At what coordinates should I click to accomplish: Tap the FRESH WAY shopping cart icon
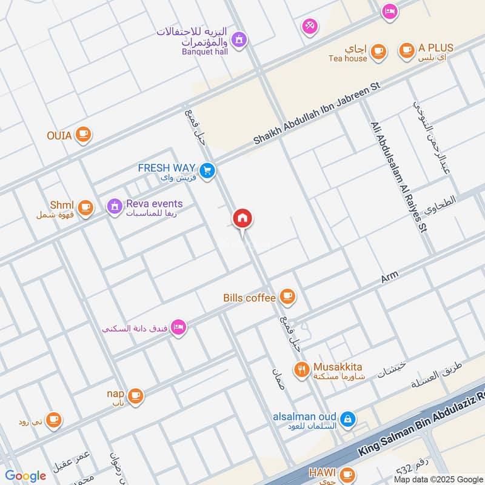point(207,171)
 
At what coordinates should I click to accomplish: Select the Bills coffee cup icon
point(287,297)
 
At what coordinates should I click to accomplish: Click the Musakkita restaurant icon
point(301,369)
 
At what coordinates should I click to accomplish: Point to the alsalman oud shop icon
point(347,418)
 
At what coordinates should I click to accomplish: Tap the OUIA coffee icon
point(83,135)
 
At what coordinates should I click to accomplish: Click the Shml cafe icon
point(85,208)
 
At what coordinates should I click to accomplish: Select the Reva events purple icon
point(114,207)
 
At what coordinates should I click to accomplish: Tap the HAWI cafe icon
point(347,474)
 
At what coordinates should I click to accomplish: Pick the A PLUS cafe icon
point(406,50)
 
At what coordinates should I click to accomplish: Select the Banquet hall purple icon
point(239,39)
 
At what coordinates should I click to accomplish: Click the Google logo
point(25,476)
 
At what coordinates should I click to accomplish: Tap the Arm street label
point(389,278)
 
